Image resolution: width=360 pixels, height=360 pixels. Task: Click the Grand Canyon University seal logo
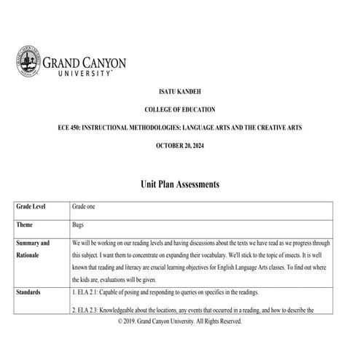coord(28,60)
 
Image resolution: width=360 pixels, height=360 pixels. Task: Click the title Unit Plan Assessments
coord(179,184)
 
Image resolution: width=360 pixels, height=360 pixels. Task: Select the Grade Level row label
coord(32,207)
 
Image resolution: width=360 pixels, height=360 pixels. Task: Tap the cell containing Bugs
coord(80,225)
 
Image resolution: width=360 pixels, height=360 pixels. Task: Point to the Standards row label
coord(31,292)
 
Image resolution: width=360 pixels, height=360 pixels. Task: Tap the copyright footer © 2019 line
coord(179,321)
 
